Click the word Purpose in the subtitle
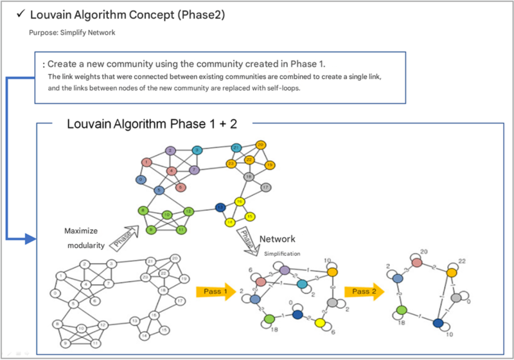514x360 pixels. (x=42, y=32)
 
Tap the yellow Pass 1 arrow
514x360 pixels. (x=215, y=291)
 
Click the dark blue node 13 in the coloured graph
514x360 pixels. (x=220, y=207)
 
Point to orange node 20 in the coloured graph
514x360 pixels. (x=260, y=145)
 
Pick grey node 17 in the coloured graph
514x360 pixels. (x=265, y=187)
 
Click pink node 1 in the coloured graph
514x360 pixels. (x=147, y=161)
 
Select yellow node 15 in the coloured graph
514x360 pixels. (x=251, y=217)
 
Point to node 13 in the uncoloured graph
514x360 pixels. (x=135, y=319)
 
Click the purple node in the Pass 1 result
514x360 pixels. (x=285, y=270)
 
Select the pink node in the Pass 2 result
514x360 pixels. (x=418, y=263)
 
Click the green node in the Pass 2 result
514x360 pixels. (x=402, y=310)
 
